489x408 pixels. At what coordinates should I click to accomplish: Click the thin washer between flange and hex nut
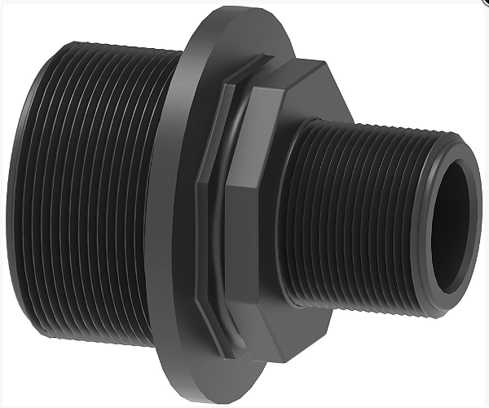point(214,204)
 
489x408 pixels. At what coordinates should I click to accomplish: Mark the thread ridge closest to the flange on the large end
point(160,204)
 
